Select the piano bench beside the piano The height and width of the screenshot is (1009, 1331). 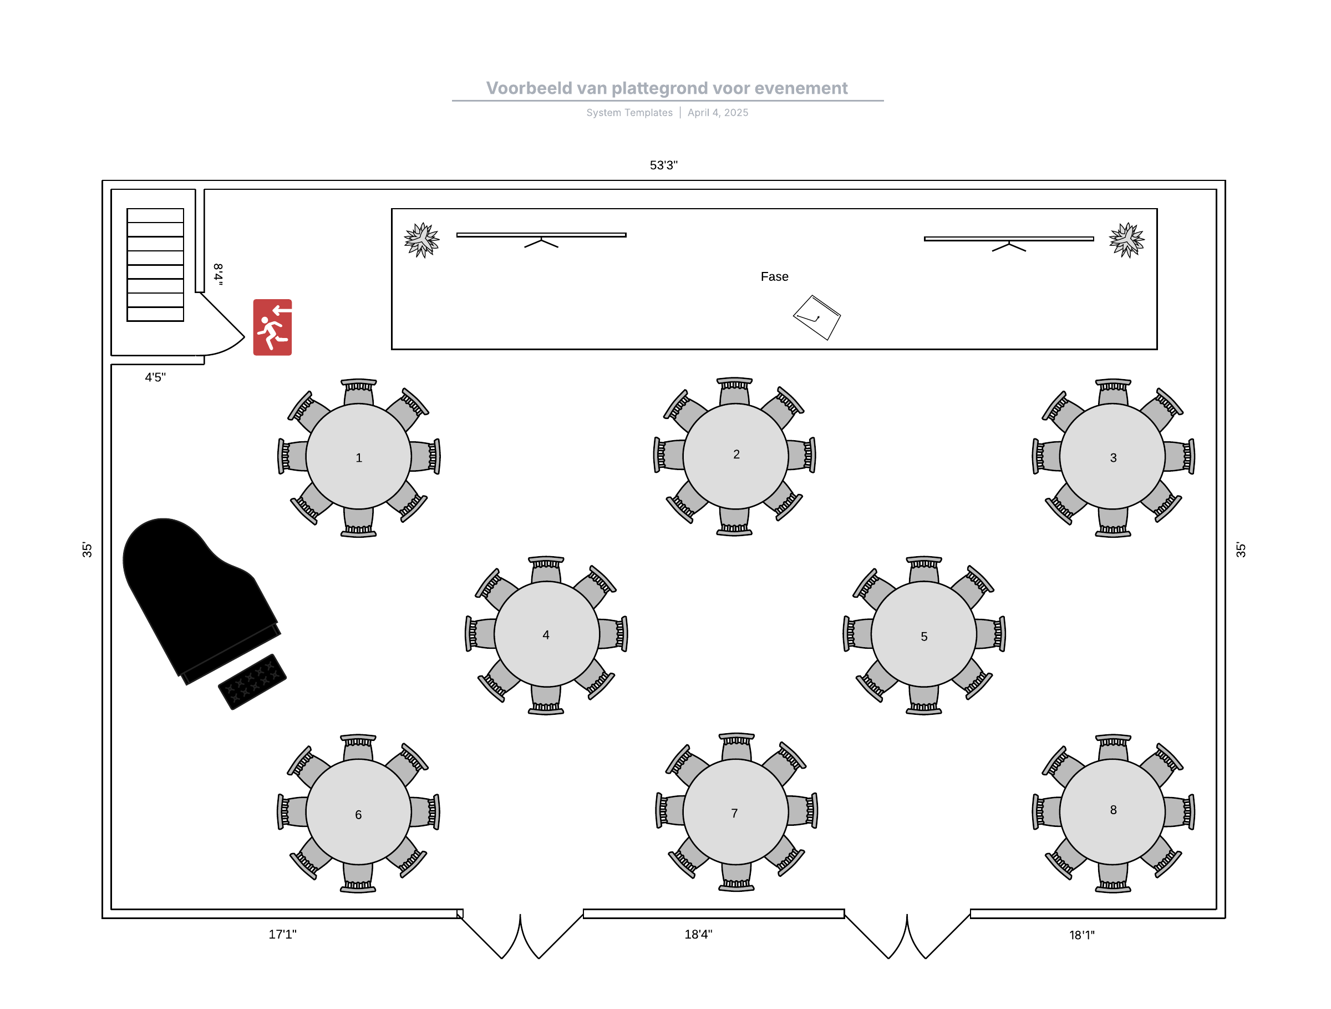[252, 682]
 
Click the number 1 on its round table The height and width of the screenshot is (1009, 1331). [359, 457]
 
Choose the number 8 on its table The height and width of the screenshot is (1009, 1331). [1112, 810]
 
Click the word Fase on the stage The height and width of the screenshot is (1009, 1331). [774, 276]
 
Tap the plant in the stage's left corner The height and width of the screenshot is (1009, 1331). [422, 240]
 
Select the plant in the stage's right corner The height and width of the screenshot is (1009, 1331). [1126, 240]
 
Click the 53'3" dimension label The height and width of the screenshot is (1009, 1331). [663, 165]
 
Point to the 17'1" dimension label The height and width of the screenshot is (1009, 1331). [282, 934]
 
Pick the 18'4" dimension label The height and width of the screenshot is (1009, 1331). [698, 934]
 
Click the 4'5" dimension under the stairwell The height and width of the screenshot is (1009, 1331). [155, 377]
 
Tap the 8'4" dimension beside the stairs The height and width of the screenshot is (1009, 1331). [219, 274]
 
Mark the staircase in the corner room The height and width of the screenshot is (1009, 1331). [155, 265]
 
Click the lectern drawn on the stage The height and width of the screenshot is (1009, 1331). [816, 317]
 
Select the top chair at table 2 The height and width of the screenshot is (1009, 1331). [735, 391]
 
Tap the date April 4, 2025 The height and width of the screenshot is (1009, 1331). [718, 113]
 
